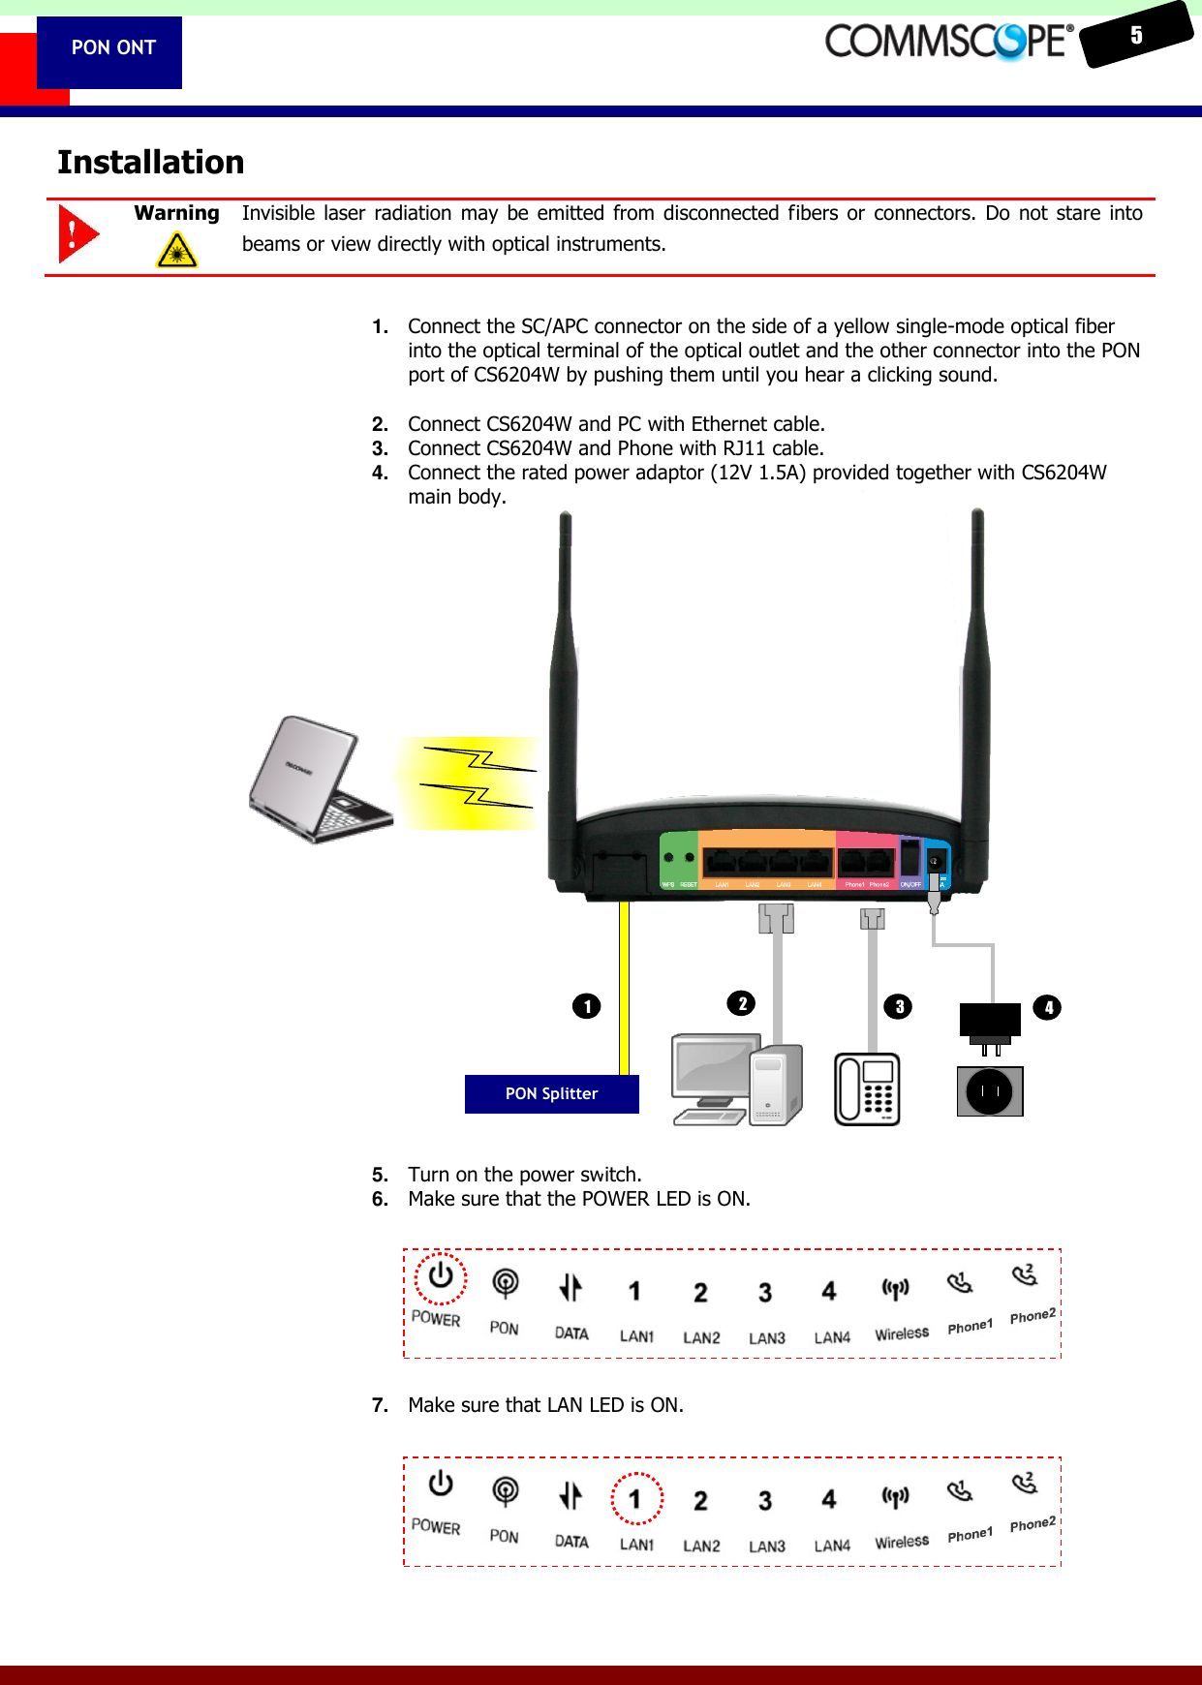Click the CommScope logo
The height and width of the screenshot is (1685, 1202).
948,42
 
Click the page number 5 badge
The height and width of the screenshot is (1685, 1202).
1136,36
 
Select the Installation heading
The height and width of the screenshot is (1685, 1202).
151,162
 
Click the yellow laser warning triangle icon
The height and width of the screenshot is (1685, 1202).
176,251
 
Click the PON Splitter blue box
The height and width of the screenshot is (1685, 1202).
551,1094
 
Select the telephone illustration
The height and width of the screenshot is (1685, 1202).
868,1089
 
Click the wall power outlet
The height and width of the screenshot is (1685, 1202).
990,1091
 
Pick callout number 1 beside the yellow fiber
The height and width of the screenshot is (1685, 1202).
587,1006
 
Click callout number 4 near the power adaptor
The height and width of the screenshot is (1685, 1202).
1048,1007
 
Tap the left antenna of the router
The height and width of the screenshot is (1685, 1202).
563,678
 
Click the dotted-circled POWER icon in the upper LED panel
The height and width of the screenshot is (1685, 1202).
441,1277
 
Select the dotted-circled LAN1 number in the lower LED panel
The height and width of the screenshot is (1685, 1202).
636,1499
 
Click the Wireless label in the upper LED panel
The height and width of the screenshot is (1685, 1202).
902,1333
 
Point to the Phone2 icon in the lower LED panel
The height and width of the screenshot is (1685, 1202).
1025,1484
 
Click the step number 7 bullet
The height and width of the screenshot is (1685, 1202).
380,1405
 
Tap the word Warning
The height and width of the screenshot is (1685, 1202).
176,213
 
